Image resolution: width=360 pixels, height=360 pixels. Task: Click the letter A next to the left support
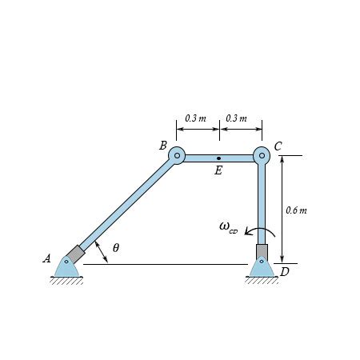click(46, 258)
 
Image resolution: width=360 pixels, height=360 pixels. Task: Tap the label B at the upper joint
click(162, 146)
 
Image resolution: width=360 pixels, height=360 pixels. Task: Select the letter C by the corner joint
click(278, 146)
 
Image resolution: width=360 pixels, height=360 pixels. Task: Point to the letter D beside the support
click(285, 272)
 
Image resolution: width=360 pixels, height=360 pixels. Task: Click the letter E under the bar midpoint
click(218, 170)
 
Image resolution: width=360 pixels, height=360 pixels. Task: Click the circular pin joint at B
click(177, 155)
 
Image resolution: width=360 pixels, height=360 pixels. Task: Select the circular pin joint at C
click(262, 155)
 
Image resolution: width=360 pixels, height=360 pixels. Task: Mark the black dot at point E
click(218, 158)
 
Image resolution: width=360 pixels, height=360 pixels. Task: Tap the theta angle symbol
click(116, 248)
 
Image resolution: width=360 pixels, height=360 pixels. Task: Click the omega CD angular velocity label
click(228, 227)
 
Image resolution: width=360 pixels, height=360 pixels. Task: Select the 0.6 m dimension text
click(296, 210)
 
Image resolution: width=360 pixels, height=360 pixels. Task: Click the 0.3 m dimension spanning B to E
click(195, 118)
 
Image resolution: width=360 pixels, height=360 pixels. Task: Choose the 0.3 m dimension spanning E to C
click(236, 118)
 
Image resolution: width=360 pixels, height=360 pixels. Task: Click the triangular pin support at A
click(66, 267)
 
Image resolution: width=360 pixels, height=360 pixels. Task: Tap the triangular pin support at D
click(261, 267)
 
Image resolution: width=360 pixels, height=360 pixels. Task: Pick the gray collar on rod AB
click(74, 254)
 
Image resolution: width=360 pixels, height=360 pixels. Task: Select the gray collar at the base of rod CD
click(262, 251)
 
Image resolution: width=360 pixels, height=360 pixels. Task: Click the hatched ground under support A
click(66, 280)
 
